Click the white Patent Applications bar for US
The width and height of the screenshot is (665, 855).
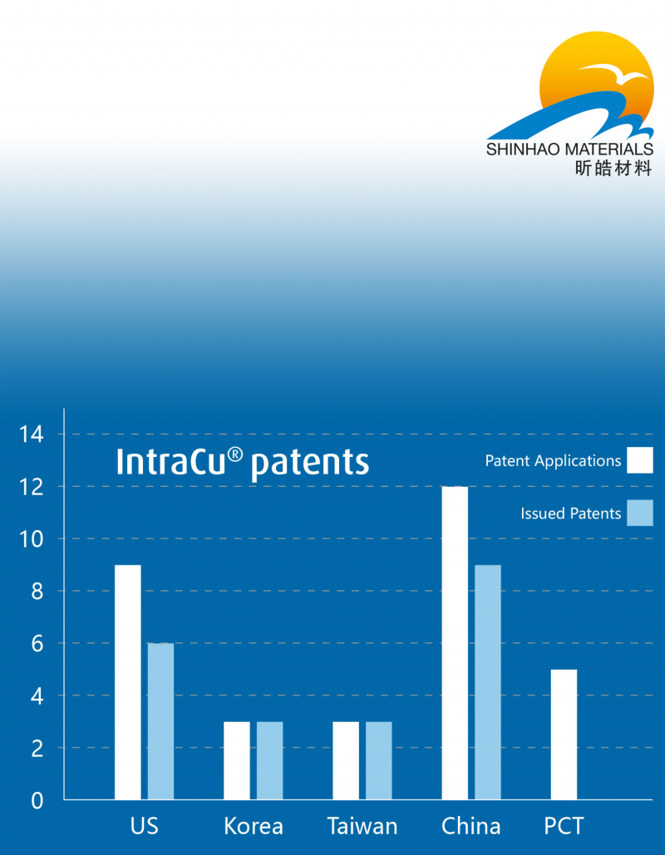click(128, 682)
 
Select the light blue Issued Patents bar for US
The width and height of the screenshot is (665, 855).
click(160, 721)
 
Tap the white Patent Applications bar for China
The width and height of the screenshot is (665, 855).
click(455, 643)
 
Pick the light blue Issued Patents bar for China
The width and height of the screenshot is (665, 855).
click(488, 682)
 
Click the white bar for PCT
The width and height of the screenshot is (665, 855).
click(564, 735)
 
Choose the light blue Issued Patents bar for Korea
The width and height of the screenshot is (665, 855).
click(269, 760)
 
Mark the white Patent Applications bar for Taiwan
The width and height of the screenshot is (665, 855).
click(346, 760)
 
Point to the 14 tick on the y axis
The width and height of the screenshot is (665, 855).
click(31, 435)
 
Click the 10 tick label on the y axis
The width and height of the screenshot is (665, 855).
click(31, 539)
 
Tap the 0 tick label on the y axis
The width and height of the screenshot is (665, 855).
click(37, 800)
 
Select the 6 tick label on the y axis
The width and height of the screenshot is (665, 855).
click(37, 644)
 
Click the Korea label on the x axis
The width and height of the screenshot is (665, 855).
click(254, 826)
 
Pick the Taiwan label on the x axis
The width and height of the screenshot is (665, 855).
click(362, 826)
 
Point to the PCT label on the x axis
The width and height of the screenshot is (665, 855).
click(564, 826)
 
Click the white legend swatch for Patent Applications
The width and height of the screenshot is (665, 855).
click(640, 460)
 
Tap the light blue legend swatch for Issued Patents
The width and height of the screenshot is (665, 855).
click(640, 513)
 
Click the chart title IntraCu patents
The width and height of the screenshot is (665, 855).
click(243, 463)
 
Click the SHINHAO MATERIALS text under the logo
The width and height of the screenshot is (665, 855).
click(569, 149)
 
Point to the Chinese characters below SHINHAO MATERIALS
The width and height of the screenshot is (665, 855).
click(613, 168)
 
